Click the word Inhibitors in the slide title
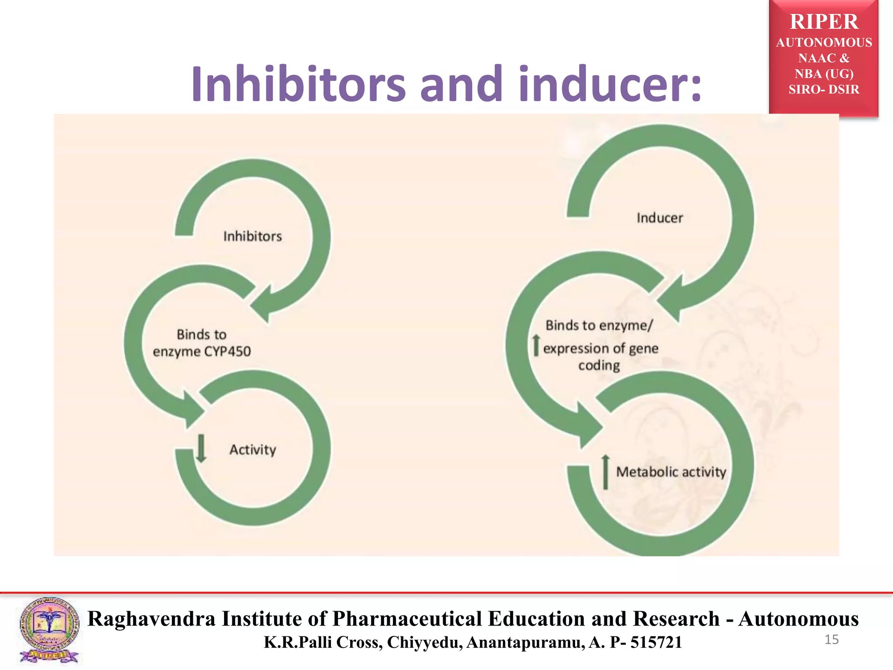click(x=298, y=84)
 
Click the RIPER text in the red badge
click(x=824, y=22)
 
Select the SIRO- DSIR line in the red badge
click(x=824, y=89)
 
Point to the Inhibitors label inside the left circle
click(x=252, y=236)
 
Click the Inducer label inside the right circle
click(x=660, y=218)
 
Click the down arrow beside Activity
click(x=201, y=448)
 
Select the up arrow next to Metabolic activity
click(x=605, y=472)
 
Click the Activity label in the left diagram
click(x=253, y=449)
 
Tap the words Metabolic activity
click(x=671, y=472)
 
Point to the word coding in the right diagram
click(x=599, y=365)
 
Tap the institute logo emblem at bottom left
click(x=49, y=630)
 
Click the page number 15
click(x=832, y=639)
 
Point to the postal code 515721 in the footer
click(x=656, y=642)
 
